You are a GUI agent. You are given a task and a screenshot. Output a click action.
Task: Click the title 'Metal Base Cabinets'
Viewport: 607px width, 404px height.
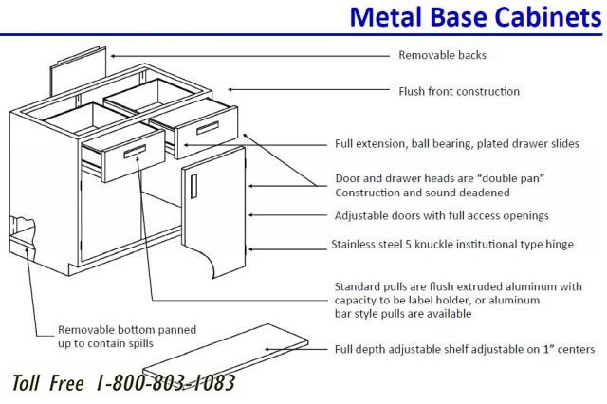(475, 17)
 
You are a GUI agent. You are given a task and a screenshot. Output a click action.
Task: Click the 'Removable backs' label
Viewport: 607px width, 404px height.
(443, 55)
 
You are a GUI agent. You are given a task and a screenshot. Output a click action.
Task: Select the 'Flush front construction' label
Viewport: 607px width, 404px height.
(459, 92)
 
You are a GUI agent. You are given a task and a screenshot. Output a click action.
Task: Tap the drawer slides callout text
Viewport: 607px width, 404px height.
(457, 144)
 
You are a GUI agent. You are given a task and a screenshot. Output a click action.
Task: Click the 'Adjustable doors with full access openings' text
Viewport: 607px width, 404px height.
(442, 216)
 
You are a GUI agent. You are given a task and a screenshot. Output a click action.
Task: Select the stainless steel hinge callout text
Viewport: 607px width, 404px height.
(452, 245)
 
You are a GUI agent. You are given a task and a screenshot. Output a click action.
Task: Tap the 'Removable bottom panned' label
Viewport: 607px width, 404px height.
(127, 330)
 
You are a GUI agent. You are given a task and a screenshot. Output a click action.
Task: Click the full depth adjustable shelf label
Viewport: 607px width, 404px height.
(465, 349)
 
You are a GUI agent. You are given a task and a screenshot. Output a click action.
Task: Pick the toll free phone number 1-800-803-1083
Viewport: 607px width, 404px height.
(166, 383)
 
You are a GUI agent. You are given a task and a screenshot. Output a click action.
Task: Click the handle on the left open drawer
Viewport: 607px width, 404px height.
(135, 152)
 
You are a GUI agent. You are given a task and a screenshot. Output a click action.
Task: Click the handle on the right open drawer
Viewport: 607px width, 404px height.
(208, 128)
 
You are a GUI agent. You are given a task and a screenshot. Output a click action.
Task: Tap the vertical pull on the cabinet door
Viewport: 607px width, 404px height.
(193, 186)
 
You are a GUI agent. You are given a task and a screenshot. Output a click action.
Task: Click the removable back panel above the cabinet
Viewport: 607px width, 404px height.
(78, 71)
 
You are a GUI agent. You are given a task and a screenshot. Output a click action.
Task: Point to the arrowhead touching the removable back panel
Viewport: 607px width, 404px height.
(113, 56)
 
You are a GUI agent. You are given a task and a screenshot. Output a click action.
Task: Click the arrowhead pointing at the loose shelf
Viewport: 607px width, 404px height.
(267, 349)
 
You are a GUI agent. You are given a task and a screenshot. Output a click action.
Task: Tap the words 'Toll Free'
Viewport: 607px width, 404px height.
(48, 383)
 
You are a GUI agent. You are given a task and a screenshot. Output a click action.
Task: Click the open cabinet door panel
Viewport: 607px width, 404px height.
(213, 212)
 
